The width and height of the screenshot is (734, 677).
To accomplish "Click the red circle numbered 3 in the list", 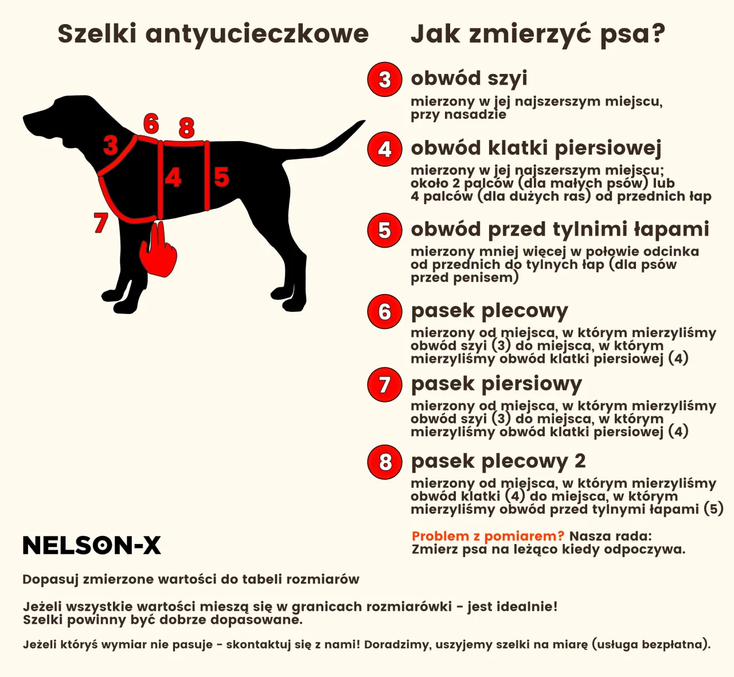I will point(384,79).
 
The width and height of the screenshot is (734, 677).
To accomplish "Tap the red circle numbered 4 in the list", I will point(384,149).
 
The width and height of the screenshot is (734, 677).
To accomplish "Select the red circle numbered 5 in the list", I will point(384,230).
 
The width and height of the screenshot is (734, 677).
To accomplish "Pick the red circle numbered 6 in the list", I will point(384,312).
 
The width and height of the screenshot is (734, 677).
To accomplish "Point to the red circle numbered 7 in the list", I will point(384,385).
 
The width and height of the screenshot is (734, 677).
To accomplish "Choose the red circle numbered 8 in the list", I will point(384,462).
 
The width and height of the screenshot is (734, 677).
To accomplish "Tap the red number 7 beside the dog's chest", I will point(101,222).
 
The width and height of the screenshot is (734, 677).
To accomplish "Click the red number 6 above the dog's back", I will point(151,123).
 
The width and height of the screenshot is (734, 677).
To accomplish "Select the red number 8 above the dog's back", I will point(186,127).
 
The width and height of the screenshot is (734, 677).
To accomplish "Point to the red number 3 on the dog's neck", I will point(111,146).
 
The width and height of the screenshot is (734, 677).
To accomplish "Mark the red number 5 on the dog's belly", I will point(221,177).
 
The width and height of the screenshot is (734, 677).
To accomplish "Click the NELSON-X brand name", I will point(92,546).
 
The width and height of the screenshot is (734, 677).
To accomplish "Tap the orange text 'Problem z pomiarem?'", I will point(488,537).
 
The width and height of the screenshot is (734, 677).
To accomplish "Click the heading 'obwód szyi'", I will point(468,78).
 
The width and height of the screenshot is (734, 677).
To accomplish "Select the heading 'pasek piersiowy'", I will point(496,383).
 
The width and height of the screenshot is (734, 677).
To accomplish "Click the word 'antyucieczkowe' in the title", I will point(257,34).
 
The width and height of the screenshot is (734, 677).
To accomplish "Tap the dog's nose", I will point(26,119).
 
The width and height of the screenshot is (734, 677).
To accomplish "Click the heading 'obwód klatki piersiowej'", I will point(536,148).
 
